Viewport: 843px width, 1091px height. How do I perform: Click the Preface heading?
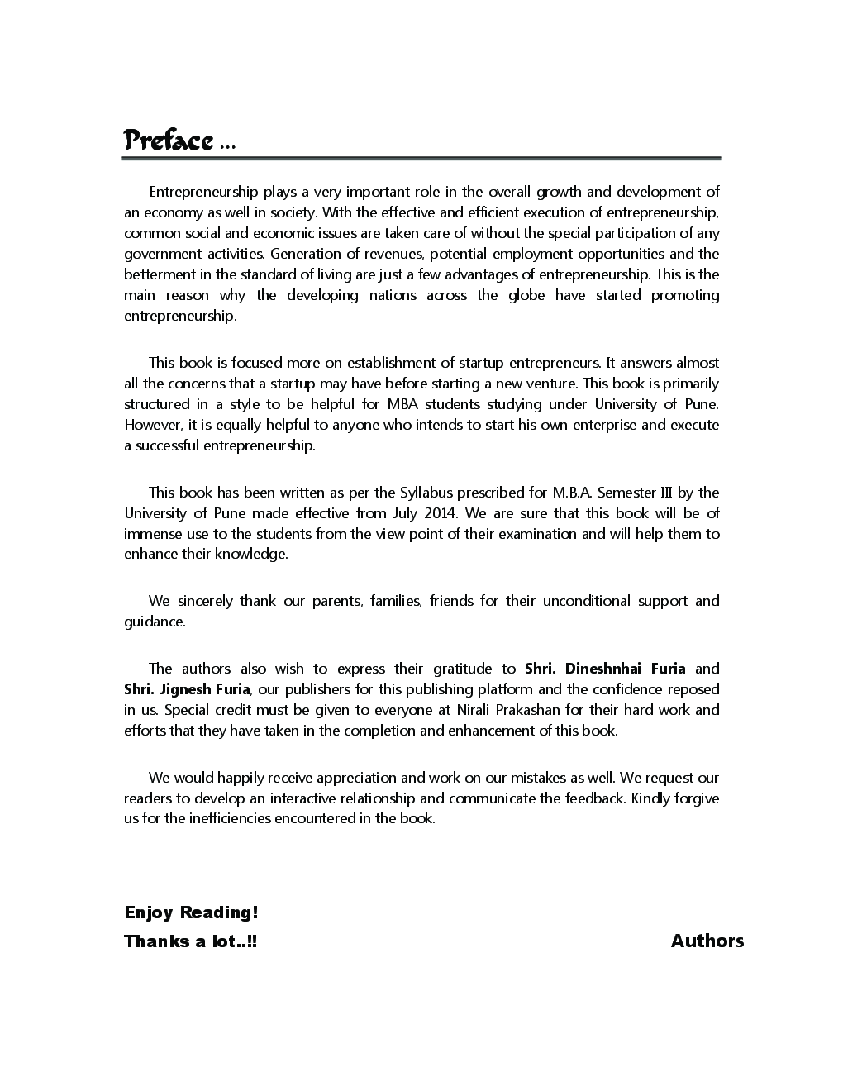[x=169, y=141]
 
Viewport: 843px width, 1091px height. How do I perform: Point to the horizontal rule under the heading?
[x=421, y=158]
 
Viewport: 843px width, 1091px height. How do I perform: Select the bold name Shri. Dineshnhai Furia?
[x=605, y=669]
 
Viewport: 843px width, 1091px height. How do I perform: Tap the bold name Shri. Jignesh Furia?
[x=187, y=689]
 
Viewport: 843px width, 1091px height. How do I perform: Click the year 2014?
[x=439, y=513]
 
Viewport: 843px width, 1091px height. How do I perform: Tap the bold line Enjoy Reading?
[x=191, y=912]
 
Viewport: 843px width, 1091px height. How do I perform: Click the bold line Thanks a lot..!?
[x=190, y=941]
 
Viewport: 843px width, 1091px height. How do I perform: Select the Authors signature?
[x=707, y=941]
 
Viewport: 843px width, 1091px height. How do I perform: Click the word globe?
[x=526, y=295]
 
